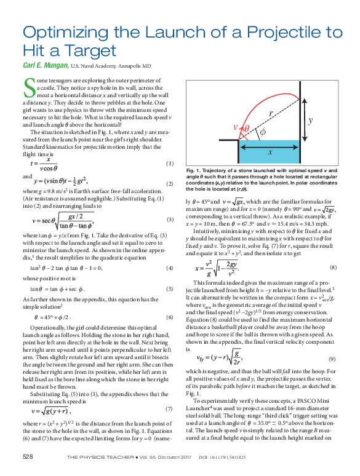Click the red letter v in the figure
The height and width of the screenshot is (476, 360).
click(x=236, y=128)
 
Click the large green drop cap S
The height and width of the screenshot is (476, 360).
click(x=28, y=88)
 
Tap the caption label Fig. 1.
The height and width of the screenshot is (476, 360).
click(x=194, y=170)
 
